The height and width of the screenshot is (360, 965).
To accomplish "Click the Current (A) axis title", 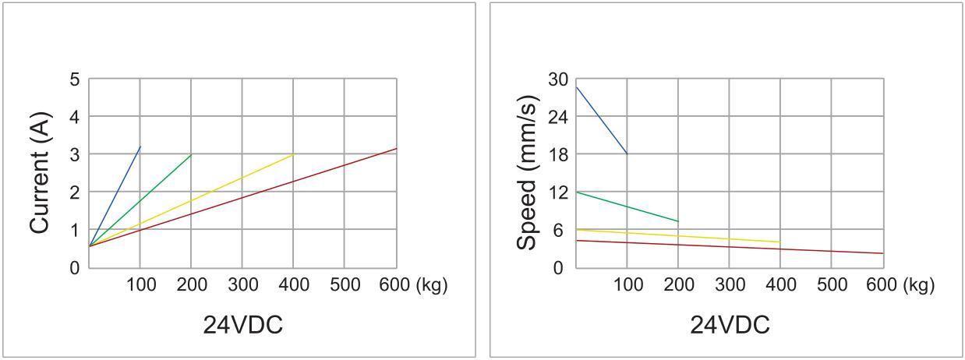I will (x=41, y=173).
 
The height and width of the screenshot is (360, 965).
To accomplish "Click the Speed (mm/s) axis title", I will (x=528, y=173).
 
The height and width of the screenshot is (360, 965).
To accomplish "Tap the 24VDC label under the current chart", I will (x=242, y=325).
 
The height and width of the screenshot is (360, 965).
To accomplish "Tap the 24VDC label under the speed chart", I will (x=730, y=325).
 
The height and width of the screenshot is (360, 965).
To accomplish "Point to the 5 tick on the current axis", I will (x=75, y=79).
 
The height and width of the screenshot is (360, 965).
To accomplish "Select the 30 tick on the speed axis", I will (x=559, y=79).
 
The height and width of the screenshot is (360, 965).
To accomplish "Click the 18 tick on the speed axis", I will (x=559, y=154).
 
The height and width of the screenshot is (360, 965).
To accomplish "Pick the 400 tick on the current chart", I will (x=293, y=285).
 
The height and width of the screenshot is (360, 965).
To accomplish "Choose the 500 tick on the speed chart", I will (x=831, y=285).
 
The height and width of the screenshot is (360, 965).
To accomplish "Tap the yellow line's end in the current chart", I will (x=293, y=154).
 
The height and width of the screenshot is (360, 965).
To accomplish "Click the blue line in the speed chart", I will (x=601, y=120).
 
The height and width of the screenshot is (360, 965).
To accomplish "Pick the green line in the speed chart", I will (x=627, y=206).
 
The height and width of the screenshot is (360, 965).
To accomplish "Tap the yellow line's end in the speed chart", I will (x=779, y=242).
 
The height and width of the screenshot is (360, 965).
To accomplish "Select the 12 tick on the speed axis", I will (x=559, y=192).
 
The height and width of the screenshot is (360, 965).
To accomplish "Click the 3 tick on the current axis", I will (x=75, y=154).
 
